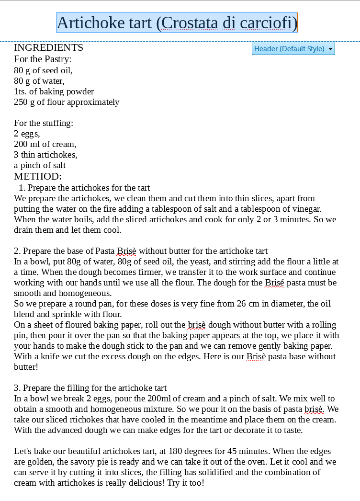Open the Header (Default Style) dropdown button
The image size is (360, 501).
(x=293, y=48)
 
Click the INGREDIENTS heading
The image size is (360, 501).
(x=48, y=47)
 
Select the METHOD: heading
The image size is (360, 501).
(x=38, y=176)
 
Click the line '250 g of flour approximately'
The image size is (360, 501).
(x=67, y=102)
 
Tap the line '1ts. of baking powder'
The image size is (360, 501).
(x=54, y=91)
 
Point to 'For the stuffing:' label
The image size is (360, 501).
(x=44, y=123)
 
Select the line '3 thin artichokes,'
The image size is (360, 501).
(x=45, y=155)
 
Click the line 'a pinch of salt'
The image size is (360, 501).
(x=40, y=165)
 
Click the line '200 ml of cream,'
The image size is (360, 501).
(x=45, y=144)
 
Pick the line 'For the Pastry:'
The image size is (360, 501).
(x=43, y=59)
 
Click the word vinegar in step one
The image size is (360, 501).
(x=307, y=209)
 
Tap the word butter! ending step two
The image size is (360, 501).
(x=26, y=367)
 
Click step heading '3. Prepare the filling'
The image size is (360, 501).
(x=90, y=388)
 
